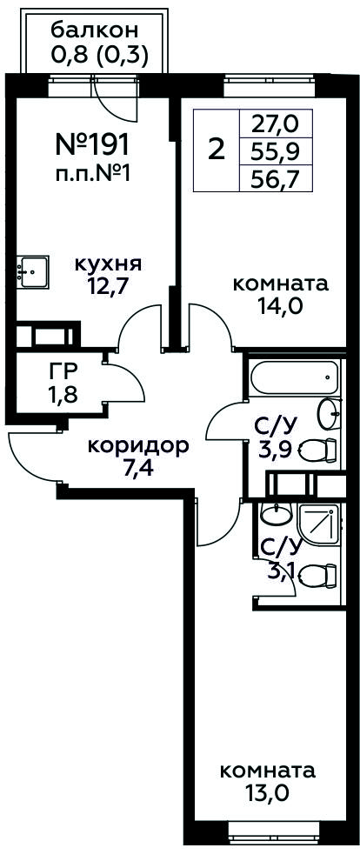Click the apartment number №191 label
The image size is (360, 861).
pos(93,144)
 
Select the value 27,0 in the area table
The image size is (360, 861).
pos(275,124)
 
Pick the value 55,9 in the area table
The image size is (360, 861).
pos(275,150)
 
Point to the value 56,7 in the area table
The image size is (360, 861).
pos(275,177)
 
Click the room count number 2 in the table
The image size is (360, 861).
pos(217,149)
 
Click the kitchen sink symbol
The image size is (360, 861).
pos(32,271)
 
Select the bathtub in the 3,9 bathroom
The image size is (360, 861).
pos(295,377)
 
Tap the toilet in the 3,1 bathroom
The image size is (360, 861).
pos(317,575)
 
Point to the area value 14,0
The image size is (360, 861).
pos(280,305)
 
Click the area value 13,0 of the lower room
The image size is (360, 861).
pos(268,793)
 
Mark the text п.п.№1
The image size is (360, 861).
pos(93,175)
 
